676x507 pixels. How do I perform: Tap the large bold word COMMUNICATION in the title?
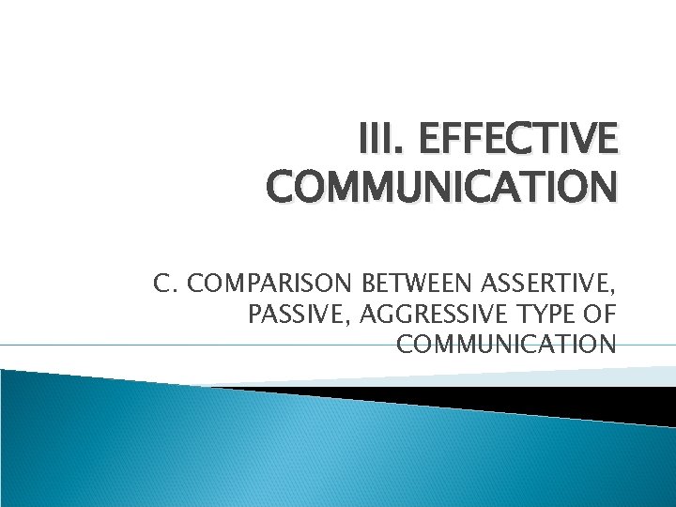click(441, 187)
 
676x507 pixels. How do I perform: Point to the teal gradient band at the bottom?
click(282, 451)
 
